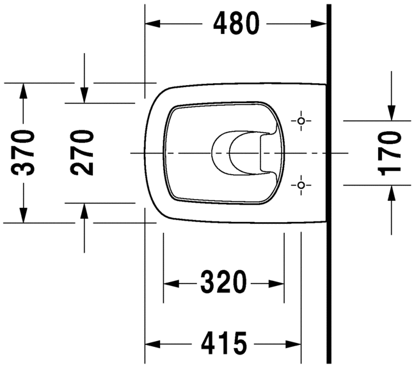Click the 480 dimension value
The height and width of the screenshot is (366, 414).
click(x=237, y=24)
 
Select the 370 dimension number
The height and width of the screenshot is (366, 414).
click(x=24, y=153)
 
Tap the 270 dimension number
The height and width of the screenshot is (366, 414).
click(x=83, y=153)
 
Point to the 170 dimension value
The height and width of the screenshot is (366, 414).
click(x=390, y=153)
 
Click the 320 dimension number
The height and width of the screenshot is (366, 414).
click(x=223, y=282)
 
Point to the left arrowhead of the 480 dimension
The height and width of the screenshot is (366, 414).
click(x=152, y=24)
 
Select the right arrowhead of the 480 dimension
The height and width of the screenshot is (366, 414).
click(x=321, y=24)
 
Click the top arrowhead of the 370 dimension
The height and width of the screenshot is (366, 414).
click(x=24, y=90)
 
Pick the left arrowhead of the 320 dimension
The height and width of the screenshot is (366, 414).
click(x=171, y=282)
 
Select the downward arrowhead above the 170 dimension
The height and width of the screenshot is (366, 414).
click(x=390, y=114)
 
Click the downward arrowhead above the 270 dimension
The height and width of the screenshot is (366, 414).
click(x=84, y=96)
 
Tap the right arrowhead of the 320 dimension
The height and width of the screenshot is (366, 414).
click(x=277, y=282)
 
